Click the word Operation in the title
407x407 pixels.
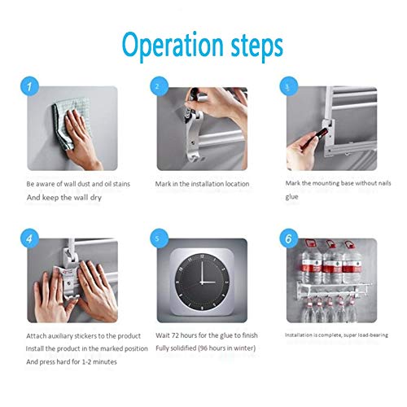coord(173,46)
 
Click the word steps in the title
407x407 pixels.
coord(256,46)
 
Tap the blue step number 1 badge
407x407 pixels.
coord(29,86)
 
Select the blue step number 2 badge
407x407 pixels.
coord(160,86)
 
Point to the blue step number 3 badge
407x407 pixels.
coord(289,86)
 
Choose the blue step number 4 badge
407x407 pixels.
coord(29,239)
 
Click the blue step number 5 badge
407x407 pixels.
coord(160,239)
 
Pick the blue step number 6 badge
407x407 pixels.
coord(289,239)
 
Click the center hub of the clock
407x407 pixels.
coord(202,282)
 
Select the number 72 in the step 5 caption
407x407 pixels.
coord(175,335)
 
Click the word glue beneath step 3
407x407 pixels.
coord(291,197)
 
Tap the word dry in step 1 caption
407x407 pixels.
coord(96,198)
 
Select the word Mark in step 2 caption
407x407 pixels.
coord(163,184)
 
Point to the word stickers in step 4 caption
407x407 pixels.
coord(85,336)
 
